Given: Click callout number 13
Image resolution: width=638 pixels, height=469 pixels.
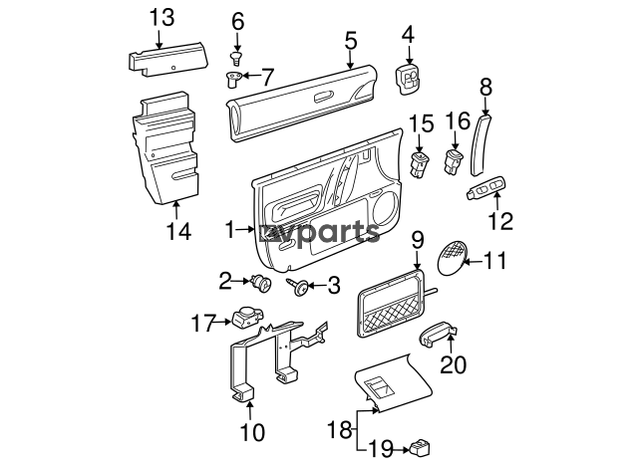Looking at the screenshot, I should pos(161,16).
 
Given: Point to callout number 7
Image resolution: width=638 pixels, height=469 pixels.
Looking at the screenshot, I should pos(265,76).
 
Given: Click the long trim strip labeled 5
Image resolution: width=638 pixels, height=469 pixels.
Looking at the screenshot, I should pos(299,97).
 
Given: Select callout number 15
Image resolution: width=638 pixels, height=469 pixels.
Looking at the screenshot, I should pos(421,123).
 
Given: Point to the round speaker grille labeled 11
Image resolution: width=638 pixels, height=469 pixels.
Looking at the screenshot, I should pos(450,256).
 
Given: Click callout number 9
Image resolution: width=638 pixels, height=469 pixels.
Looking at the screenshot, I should pos(418,240).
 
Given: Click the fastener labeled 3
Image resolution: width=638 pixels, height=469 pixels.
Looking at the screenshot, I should pos(298,288).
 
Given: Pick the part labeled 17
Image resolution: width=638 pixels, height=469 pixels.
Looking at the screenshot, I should pos(244,320).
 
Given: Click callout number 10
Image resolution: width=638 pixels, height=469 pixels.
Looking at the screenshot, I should pos(252,433).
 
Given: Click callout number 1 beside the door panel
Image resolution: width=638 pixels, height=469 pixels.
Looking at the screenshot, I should pos(231,230).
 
